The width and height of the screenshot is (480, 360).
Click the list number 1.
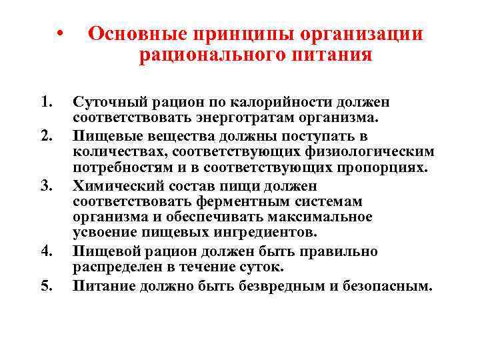[45, 103]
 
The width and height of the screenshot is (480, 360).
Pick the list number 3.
[45, 185]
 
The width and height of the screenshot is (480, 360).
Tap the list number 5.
[45, 285]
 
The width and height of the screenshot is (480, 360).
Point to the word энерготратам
[261, 119]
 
